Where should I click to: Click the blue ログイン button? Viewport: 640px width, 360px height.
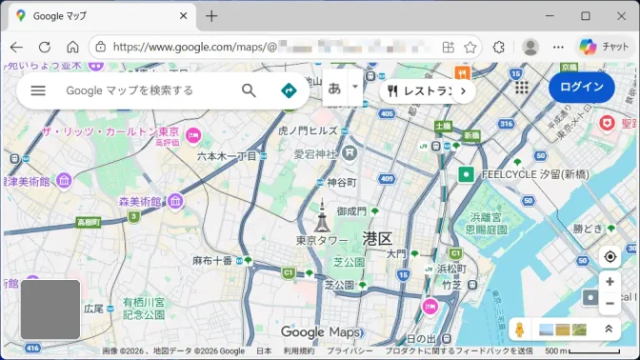581,88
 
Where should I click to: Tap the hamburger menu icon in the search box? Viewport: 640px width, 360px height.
38,90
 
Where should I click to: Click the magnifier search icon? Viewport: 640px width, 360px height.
249,90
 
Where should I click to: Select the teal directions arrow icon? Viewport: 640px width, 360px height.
289,90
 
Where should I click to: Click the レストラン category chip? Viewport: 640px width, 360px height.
420,91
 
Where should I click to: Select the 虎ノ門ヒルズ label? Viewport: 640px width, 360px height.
308,130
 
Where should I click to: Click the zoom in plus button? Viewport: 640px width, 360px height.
610,282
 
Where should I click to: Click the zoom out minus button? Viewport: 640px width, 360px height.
610,304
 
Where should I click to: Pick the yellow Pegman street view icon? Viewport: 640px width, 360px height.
520,329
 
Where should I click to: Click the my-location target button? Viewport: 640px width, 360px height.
610,257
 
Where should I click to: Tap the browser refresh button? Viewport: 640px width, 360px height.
45,47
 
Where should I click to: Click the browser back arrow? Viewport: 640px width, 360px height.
16,47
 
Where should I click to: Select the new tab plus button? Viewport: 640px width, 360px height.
211,16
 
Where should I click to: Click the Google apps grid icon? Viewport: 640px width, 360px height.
522,88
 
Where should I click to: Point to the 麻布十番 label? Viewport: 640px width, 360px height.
212,260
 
